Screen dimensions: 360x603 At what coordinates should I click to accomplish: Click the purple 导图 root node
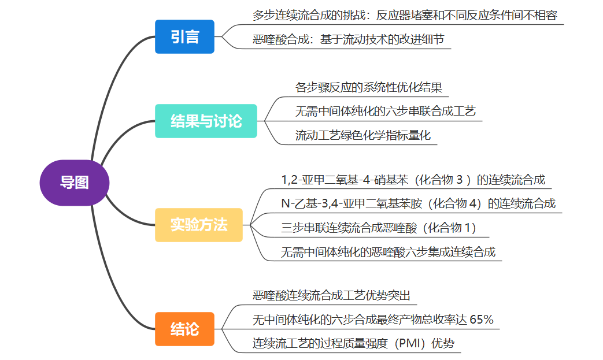coord(74,183)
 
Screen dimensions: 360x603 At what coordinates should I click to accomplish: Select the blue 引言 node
coord(184,37)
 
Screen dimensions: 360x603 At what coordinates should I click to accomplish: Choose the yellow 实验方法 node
coord(199,225)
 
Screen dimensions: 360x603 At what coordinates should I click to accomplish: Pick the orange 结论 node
coord(184,329)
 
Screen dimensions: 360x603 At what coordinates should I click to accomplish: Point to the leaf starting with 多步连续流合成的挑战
coord(405,16)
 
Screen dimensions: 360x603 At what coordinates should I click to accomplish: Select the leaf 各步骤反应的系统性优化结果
coord(369,88)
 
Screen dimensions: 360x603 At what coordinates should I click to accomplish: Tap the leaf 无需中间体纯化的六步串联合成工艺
coord(385,112)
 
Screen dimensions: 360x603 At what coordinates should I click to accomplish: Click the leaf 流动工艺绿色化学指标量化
coord(363,136)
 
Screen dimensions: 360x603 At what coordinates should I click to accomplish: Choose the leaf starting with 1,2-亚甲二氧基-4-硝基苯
coord(413,180)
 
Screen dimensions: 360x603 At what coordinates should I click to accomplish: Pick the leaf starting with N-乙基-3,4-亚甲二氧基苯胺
coord(418,203)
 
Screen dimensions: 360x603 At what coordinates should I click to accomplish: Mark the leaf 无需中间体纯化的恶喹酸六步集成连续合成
coord(388,252)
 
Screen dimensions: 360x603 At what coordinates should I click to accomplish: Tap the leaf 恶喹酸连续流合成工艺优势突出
coord(331,296)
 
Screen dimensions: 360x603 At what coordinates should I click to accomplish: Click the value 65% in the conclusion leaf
coord(482,320)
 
